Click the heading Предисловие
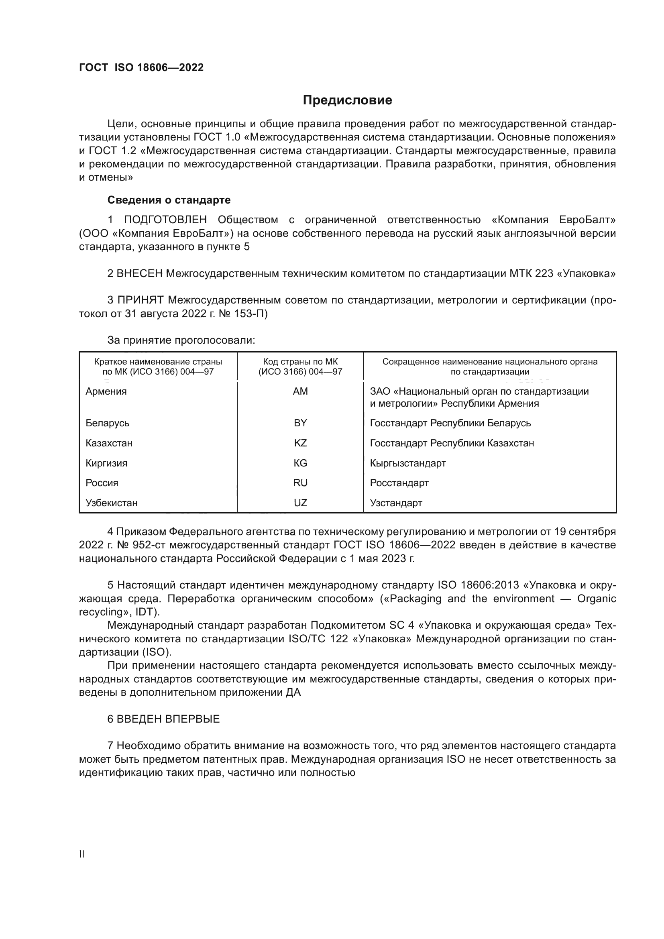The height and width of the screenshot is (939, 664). coord(347,100)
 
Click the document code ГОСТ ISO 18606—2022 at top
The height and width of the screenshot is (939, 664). coord(141,67)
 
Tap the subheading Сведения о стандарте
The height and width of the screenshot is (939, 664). coord(169,200)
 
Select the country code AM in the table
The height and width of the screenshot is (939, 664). coord(300,391)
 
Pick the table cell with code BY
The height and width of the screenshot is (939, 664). coord(300,423)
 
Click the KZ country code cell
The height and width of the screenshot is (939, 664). coord(300,443)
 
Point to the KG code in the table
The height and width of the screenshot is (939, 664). coord(300,463)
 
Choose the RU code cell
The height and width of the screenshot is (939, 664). coord(300,483)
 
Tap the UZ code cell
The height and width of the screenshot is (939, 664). coord(300,503)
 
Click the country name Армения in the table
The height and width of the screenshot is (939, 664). coord(106,391)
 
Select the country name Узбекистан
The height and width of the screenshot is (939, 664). coord(111,503)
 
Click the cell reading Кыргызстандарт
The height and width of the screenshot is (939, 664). coord(407,463)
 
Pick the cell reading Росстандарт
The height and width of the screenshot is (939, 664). coord(399,483)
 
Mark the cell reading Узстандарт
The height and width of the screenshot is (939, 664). coord(396,503)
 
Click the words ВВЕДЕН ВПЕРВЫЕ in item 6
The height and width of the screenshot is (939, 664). coord(168,719)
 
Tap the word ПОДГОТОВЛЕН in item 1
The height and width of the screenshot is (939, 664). coord(165,220)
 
